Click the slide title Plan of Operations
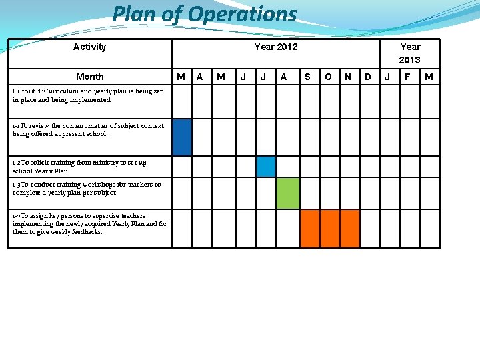(204, 14)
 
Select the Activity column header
(89, 47)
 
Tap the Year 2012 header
(275, 47)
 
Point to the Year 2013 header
(409, 53)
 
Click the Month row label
(89, 77)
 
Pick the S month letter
(307, 77)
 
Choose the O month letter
(328, 77)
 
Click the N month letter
(348, 77)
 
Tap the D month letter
(368, 77)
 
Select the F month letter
(407, 77)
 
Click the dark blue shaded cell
(182, 137)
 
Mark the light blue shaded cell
(266, 166)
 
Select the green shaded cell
(287, 193)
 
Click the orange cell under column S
(310, 229)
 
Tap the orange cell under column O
(330, 229)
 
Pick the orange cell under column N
(350, 229)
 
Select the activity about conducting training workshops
(86, 189)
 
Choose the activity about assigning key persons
(89, 224)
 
